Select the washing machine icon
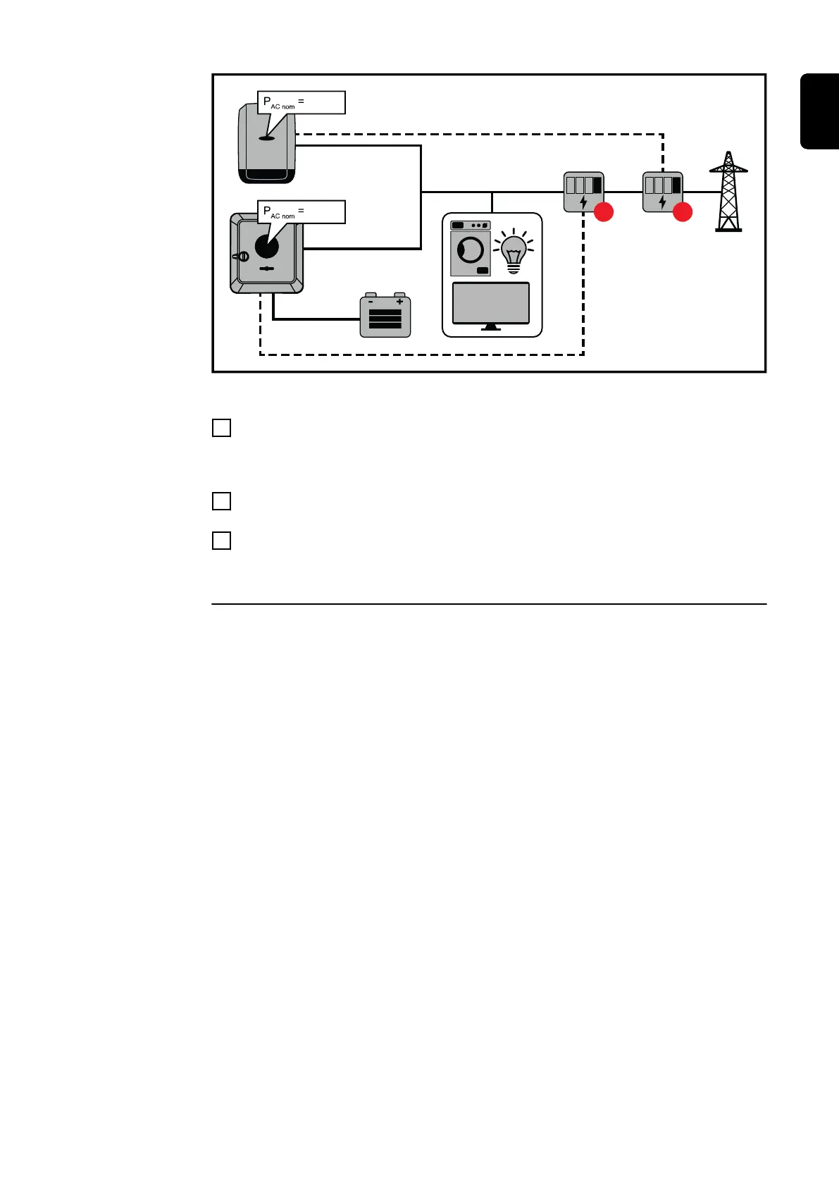[470, 249]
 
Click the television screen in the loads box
[490, 304]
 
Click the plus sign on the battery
[399, 302]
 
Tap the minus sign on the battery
[371, 302]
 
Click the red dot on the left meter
[604, 211]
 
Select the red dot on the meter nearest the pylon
[683, 211]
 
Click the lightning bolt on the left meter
[583, 203]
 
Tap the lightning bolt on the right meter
[662, 203]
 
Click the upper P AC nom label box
[302, 102]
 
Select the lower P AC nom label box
[302, 211]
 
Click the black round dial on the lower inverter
[267, 247]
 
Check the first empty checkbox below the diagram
[221, 428]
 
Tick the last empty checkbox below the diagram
[221, 541]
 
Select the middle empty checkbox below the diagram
[221, 501]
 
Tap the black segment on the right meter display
[676, 185]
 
